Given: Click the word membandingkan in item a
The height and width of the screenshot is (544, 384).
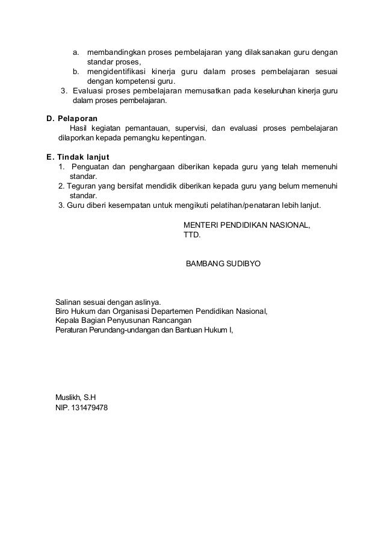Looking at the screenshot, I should (x=115, y=52).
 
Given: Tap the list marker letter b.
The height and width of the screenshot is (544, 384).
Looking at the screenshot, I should (x=76, y=72).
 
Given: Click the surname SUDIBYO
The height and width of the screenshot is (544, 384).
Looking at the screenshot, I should (x=243, y=264).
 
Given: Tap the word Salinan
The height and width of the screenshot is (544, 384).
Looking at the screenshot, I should (x=69, y=302).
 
